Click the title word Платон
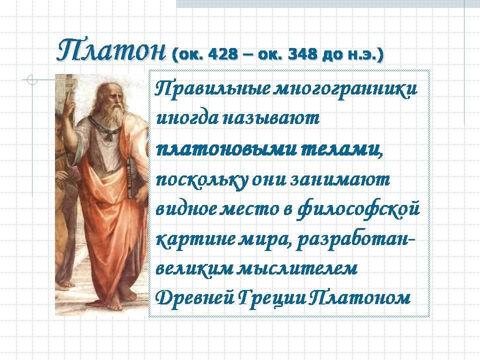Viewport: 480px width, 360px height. pos(111,50)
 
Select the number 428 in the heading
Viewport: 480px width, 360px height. pos(222,54)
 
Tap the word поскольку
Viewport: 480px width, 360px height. pos(201,180)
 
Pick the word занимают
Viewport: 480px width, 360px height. pos(339,180)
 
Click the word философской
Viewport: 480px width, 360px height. pos(358,210)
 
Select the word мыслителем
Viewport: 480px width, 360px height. pos(297,269)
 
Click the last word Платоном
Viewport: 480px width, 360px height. pos(359,297)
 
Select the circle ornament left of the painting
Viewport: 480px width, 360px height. pos(32,79)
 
